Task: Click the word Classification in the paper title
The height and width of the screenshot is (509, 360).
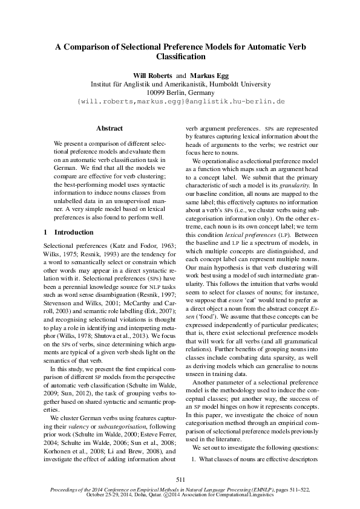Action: (180, 56)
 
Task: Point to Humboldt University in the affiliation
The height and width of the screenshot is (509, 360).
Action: (240, 83)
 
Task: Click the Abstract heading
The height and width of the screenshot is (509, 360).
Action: (110, 128)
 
